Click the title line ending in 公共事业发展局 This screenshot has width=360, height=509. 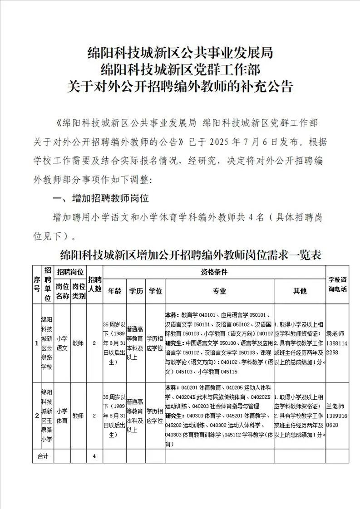(180, 54)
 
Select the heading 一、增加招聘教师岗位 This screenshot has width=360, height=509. (101, 198)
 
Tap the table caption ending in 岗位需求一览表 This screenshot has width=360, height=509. (191, 254)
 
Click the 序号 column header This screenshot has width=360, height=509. (36, 284)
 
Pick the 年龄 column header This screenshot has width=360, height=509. (114, 291)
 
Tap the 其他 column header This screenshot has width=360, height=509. (300, 291)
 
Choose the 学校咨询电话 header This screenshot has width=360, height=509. (337, 284)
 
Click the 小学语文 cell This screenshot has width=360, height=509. (62, 343)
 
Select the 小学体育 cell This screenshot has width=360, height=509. (62, 416)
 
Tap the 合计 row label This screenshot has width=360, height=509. (43, 456)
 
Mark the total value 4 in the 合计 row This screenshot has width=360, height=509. (94, 456)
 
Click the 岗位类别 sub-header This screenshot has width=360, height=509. (79, 291)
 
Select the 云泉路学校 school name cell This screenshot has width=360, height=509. (47, 343)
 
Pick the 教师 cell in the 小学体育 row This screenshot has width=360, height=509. (79, 416)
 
